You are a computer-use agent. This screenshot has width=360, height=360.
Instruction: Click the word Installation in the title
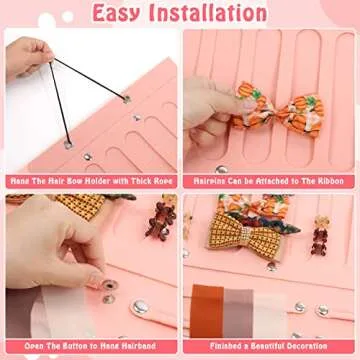click(214, 13)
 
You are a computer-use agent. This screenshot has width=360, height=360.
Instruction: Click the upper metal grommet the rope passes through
click(125, 99)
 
